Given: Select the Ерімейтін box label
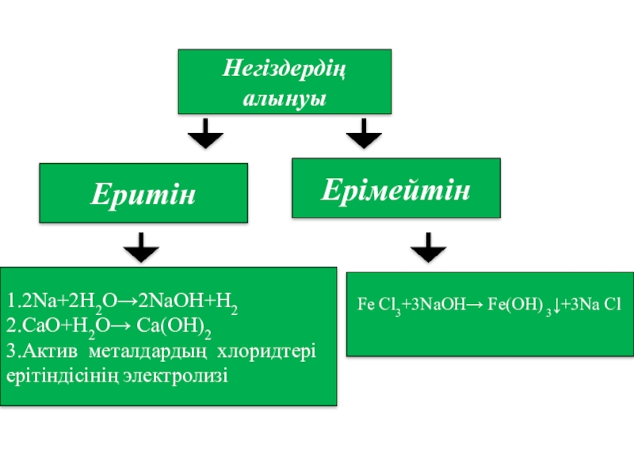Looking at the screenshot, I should point(396,190).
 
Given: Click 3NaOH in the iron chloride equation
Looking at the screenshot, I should point(440,304).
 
